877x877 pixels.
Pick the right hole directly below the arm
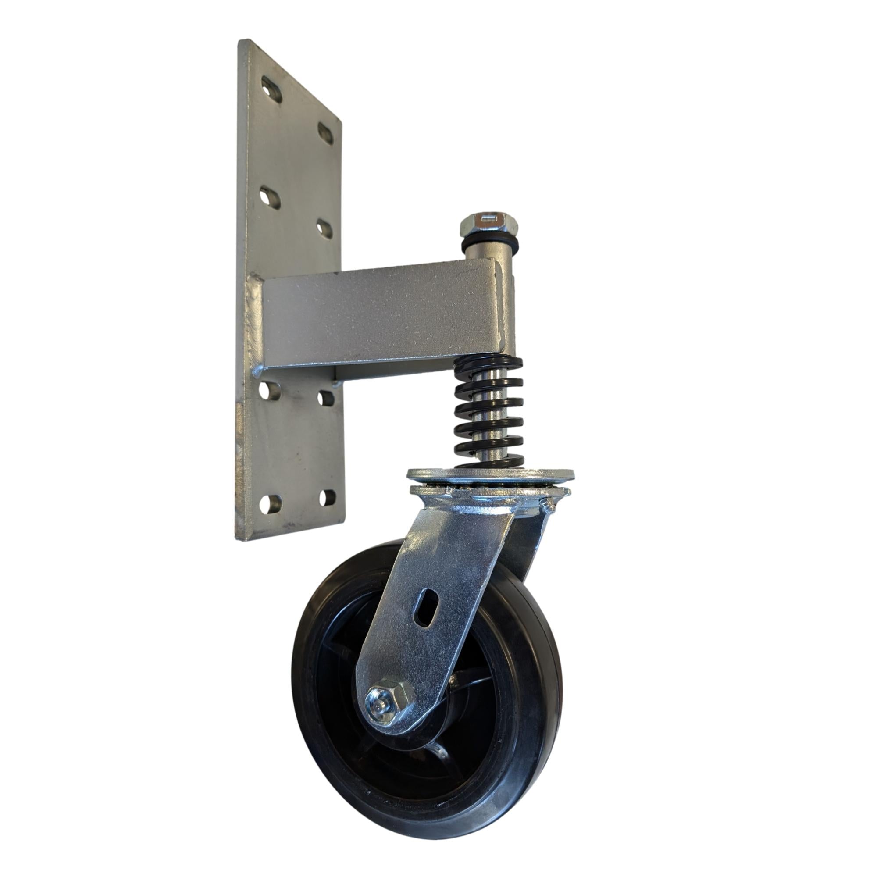[326, 398]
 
